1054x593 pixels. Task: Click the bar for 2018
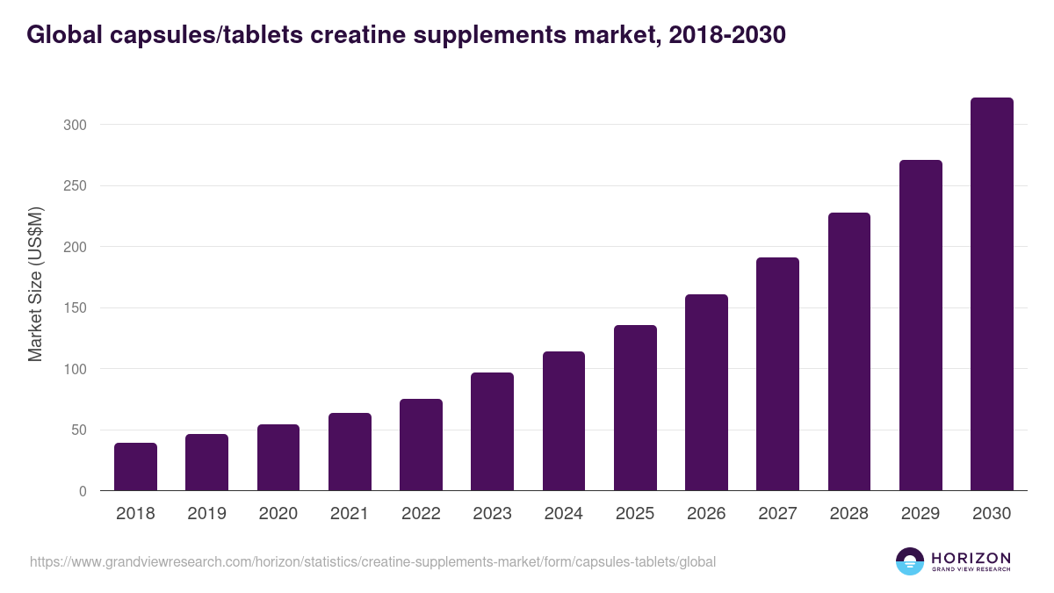pyautogui.click(x=135, y=466)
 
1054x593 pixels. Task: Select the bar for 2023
pyautogui.click(x=492, y=431)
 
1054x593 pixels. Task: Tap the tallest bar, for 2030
pyautogui.click(x=992, y=294)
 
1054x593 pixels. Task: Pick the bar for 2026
pyautogui.click(x=706, y=393)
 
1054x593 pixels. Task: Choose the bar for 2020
pyautogui.click(x=278, y=458)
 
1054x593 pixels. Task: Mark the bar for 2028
pyautogui.click(x=849, y=351)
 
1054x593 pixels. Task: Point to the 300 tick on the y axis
pyautogui.click(x=76, y=125)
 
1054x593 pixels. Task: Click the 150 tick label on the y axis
pyautogui.click(x=76, y=308)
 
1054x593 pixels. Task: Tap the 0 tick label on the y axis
pyautogui.click(x=83, y=491)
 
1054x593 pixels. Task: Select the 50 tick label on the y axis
pyautogui.click(x=79, y=430)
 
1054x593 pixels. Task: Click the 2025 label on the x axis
pyautogui.click(x=635, y=514)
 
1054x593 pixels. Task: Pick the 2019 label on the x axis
pyautogui.click(x=207, y=514)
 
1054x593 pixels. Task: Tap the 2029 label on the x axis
pyautogui.click(x=920, y=514)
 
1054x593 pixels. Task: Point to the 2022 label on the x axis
pyautogui.click(x=421, y=514)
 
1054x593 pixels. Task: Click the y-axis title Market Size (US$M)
pyautogui.click(x=35, y=285)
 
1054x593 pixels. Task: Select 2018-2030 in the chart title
pyautogui.click(x=727, y=35)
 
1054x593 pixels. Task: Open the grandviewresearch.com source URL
pyautogui.click(x=372, y=561)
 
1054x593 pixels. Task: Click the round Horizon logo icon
pyautogui.click(x=910, y=561)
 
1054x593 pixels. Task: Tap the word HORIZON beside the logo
pyautogui.click(x=971, y=558)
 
